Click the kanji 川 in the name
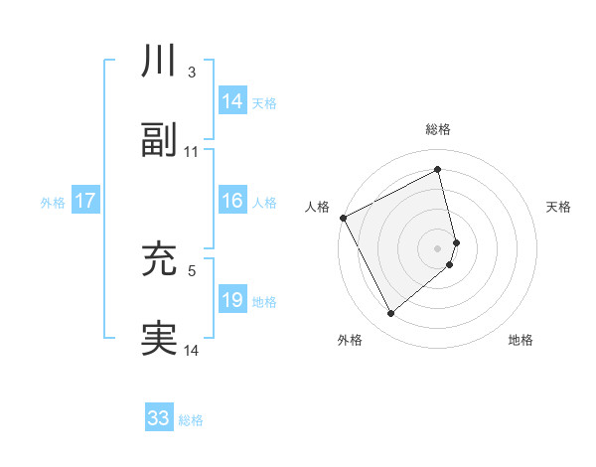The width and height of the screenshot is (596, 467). [x=159, y=62]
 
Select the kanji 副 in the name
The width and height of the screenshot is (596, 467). [x=159, y=141]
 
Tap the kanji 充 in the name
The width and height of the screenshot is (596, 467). [x=159, y=259]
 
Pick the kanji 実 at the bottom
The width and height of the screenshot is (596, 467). [x=159, y=339]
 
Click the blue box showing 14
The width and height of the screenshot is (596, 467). [x=232, y=101]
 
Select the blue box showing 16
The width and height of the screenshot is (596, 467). [x=232, y=201]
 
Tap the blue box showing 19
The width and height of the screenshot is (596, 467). [x=232, y=300]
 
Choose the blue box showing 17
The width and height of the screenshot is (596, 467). [x=84, y=201]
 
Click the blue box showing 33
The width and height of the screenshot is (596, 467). [x=159, y=418]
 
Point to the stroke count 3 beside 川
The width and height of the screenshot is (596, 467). [x=191, y=73]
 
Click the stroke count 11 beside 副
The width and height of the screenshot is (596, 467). [x=192, y=152]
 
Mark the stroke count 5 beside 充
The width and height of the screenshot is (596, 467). [x=191, y=270]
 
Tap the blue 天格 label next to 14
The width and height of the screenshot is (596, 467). [x=264, y=102]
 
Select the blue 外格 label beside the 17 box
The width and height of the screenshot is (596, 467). [x=53, y=202]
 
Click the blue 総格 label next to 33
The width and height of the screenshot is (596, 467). [x=191, y=419]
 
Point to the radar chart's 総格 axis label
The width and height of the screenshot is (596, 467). [x=438, y=129]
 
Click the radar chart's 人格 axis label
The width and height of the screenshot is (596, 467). [x=317, y=207]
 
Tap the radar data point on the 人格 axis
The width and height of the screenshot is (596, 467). [x=343, y=218]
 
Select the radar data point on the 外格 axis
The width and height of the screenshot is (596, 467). [x=391, y=314]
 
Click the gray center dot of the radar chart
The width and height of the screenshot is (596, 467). [x=438, y=246]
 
